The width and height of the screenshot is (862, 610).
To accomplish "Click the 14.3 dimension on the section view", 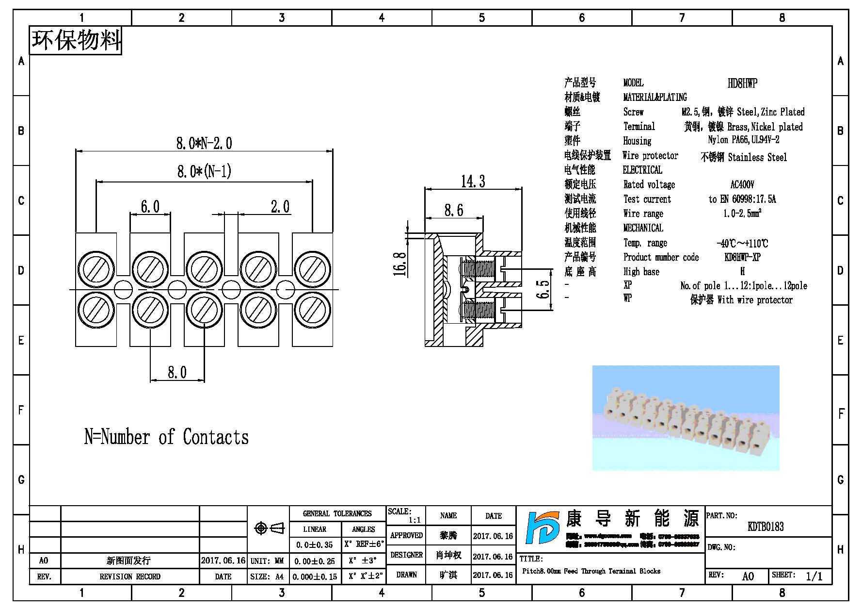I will click(x=473, y=181).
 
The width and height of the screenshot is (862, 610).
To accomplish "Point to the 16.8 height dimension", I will click(x=400, y=264).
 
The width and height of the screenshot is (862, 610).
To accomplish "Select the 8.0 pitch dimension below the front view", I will click(x=177, y=372).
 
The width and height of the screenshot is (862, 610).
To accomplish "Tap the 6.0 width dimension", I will click(x=150, y=207).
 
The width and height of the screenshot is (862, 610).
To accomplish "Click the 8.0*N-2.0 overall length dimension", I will click(x=204, y=143).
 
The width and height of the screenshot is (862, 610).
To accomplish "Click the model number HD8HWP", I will click(x=742, y=83).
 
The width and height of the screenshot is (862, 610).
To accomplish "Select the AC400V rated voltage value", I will click(x=742, y=185).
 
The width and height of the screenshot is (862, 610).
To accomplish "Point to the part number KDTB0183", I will click(x=766, y=527).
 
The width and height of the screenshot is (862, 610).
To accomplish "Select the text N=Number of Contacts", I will click(x=166, y=437).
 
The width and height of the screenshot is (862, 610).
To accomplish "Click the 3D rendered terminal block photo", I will click(x=686, y=418).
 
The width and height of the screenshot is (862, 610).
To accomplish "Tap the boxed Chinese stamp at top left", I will click(x=76, y=40).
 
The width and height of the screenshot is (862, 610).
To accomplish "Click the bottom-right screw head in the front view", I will click(x=312, y=310).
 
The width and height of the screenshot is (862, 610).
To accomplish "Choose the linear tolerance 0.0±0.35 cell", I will click(x=315, y=544).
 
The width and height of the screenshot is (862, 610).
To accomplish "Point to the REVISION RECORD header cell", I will click(x=129, y=577).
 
